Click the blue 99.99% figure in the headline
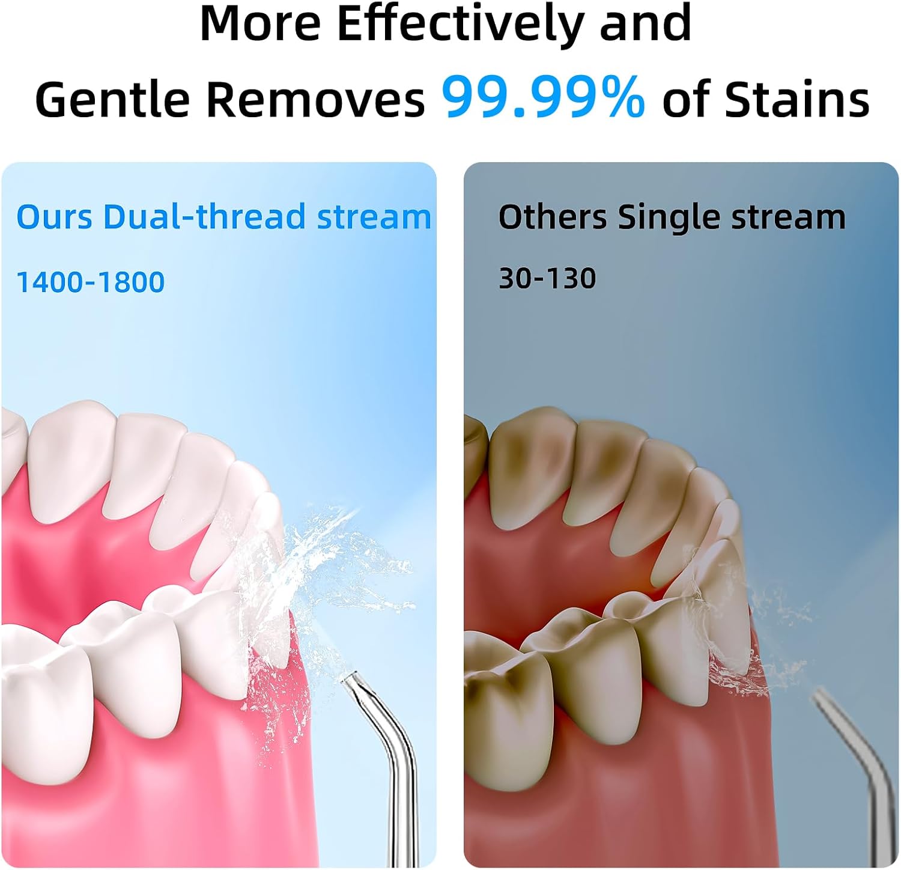tap(544, 97)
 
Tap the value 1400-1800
tap(90, 282)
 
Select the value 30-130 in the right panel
tap(547, 278)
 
